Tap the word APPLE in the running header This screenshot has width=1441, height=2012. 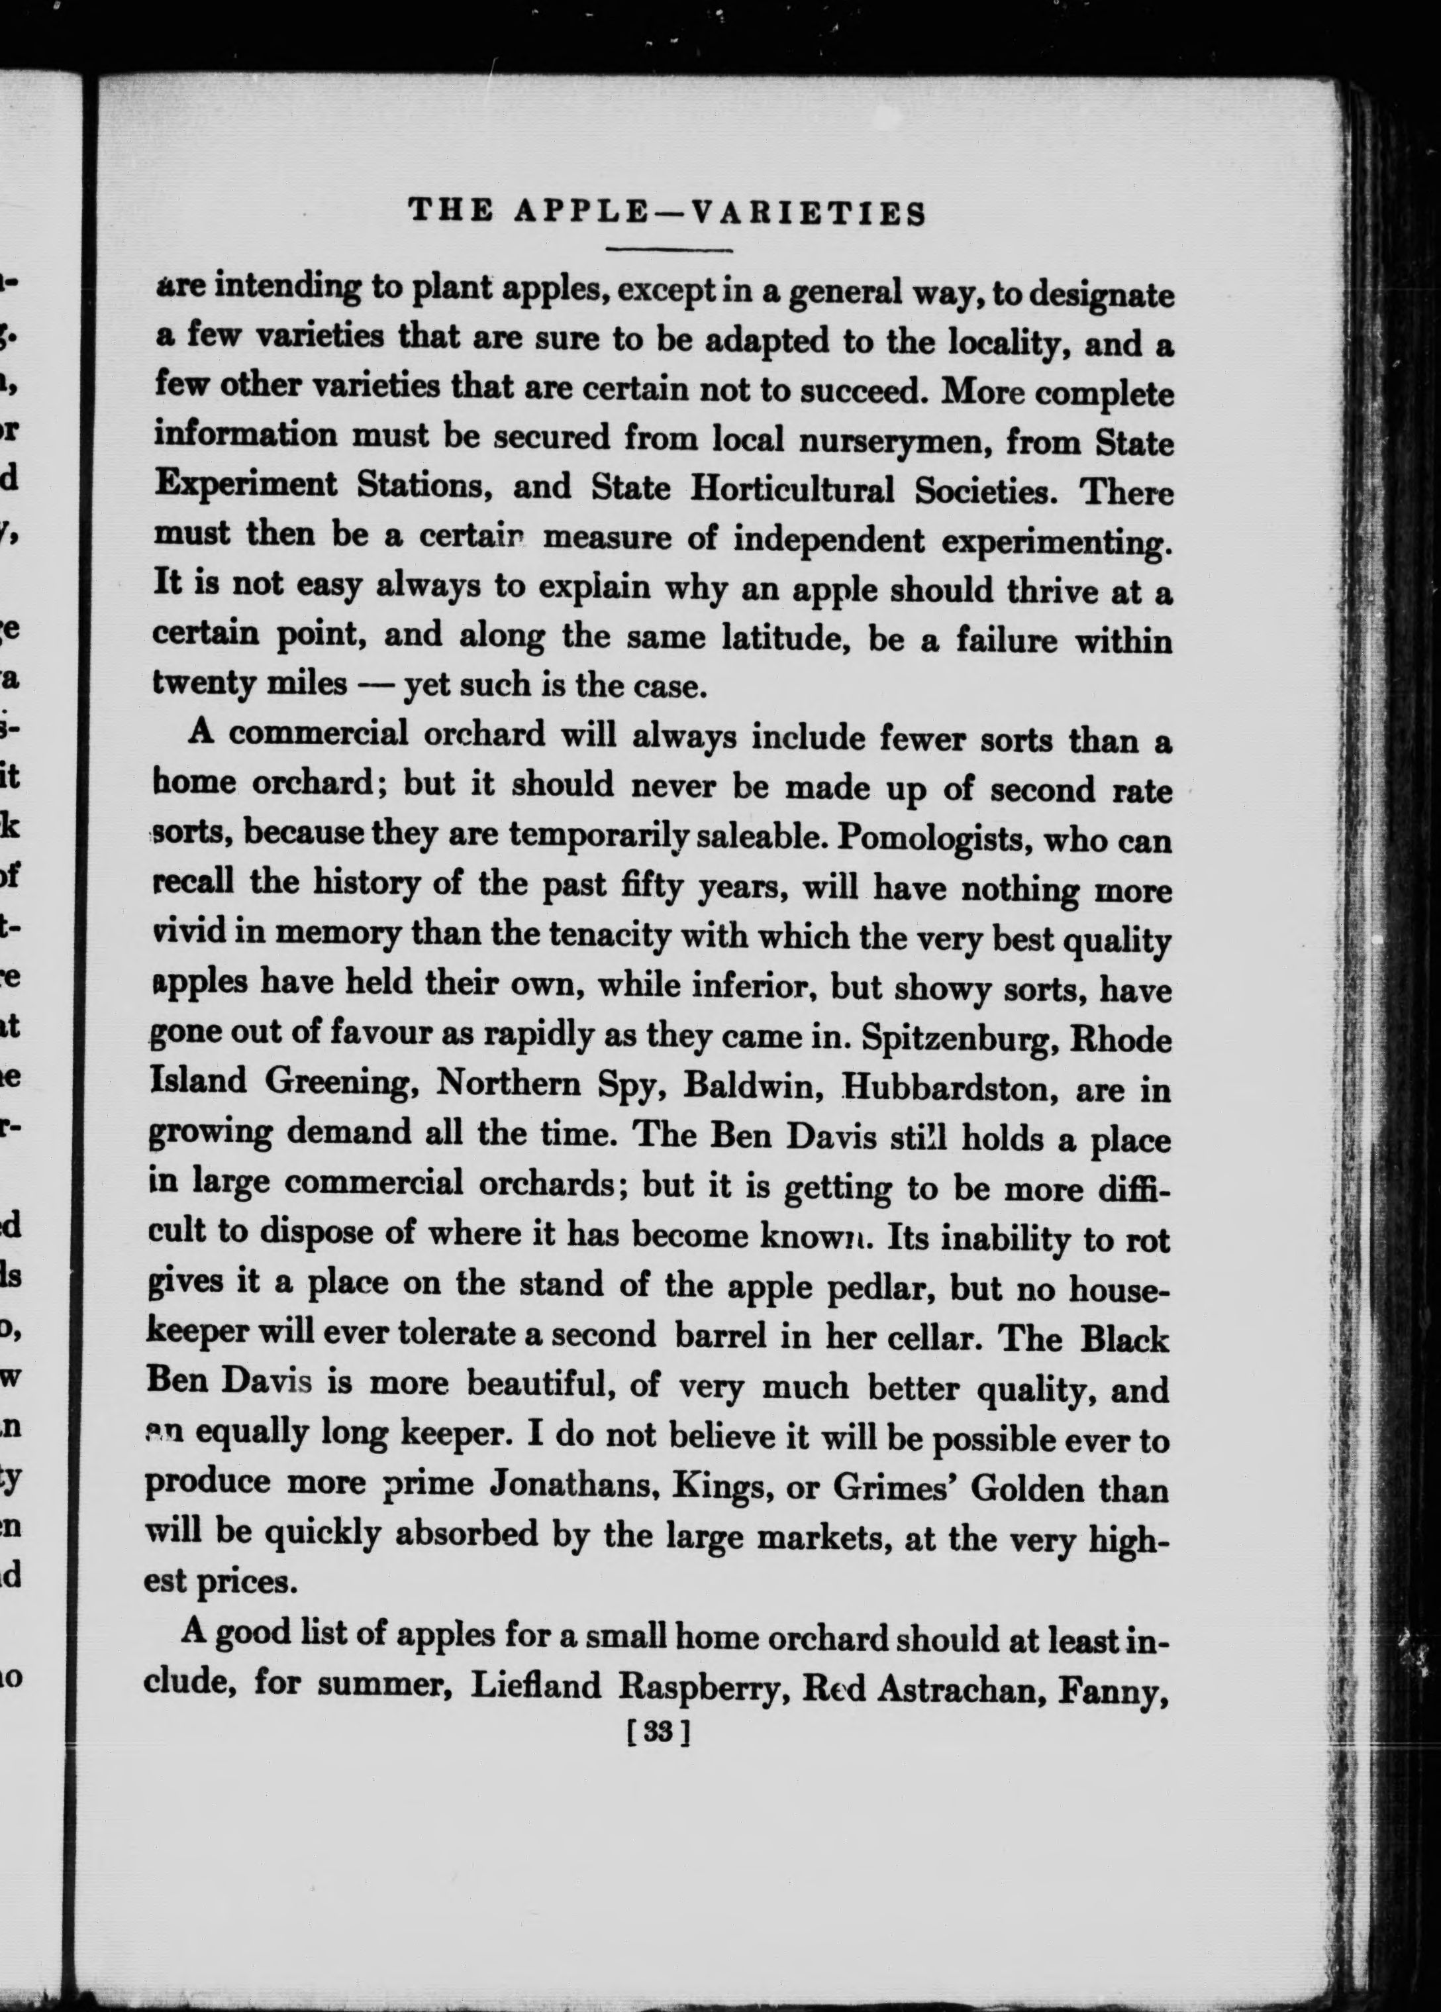(x=581, y=213)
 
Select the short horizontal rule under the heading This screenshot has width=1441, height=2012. (x=670, y=249)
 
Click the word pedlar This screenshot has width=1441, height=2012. (x=881, y=1287)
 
